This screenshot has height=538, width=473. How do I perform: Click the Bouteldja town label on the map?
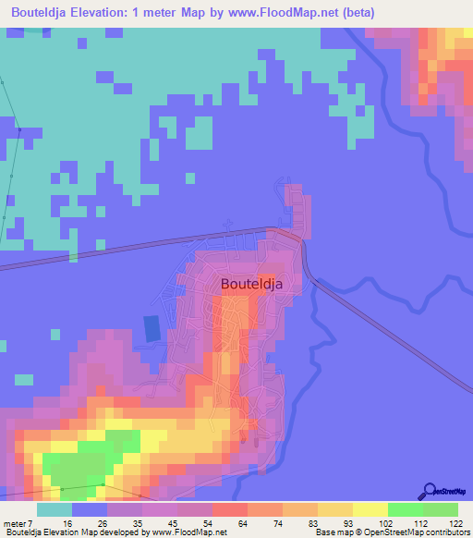pyautogui.click(x=259, y=285)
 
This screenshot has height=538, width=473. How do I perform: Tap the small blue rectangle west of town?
pyautogui.click(x=152, y=327)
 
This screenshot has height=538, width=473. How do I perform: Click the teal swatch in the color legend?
pyautogui.click(x=55, y=509)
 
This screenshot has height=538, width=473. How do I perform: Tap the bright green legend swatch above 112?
pyautogui.click(x=406, y=509)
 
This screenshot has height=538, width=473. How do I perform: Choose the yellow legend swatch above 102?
pyautogui.click(x=370, y=509)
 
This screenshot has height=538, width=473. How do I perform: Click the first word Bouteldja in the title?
pyautogui.click(x=36, y=13)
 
